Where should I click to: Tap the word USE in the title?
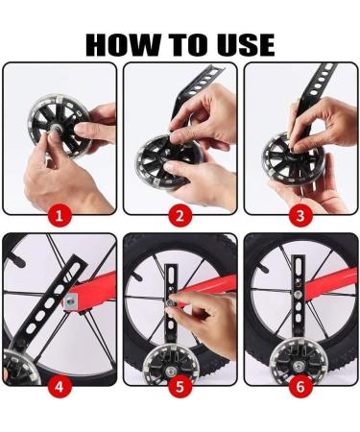pos(246,44)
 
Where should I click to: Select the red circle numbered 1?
pos(60,216)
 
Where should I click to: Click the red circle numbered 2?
pos(180,216)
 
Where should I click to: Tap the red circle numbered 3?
pos(300,216)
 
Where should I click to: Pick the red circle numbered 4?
pos(60,387)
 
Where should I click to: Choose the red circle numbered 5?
pos(180,387)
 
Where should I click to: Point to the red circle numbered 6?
pos(300,387)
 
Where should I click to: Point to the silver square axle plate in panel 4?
pos(71,300)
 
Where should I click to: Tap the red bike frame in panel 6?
pos(329,281)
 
